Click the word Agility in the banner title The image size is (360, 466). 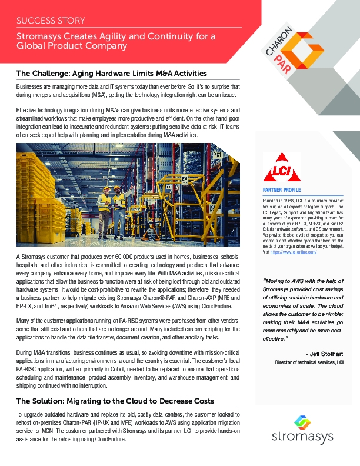click(114, 36)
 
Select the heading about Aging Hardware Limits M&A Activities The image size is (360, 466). click(111, 74)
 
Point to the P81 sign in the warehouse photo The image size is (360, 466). click(216, 155)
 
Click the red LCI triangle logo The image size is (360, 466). click(282, 168)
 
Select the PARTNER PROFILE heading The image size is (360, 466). click(281, 190)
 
